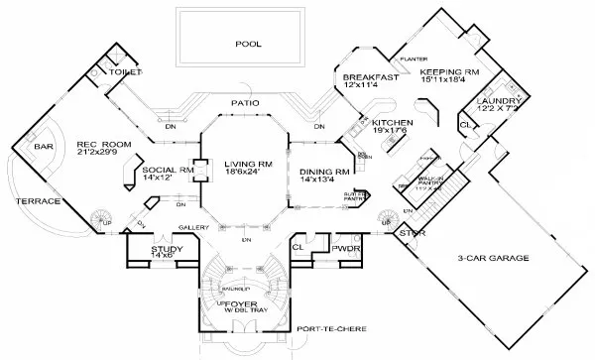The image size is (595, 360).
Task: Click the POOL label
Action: point(247,44)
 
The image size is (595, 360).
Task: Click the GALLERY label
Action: point(191,227)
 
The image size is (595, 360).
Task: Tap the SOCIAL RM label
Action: point(159,169)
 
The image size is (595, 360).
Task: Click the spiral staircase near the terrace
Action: point(102,216)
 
